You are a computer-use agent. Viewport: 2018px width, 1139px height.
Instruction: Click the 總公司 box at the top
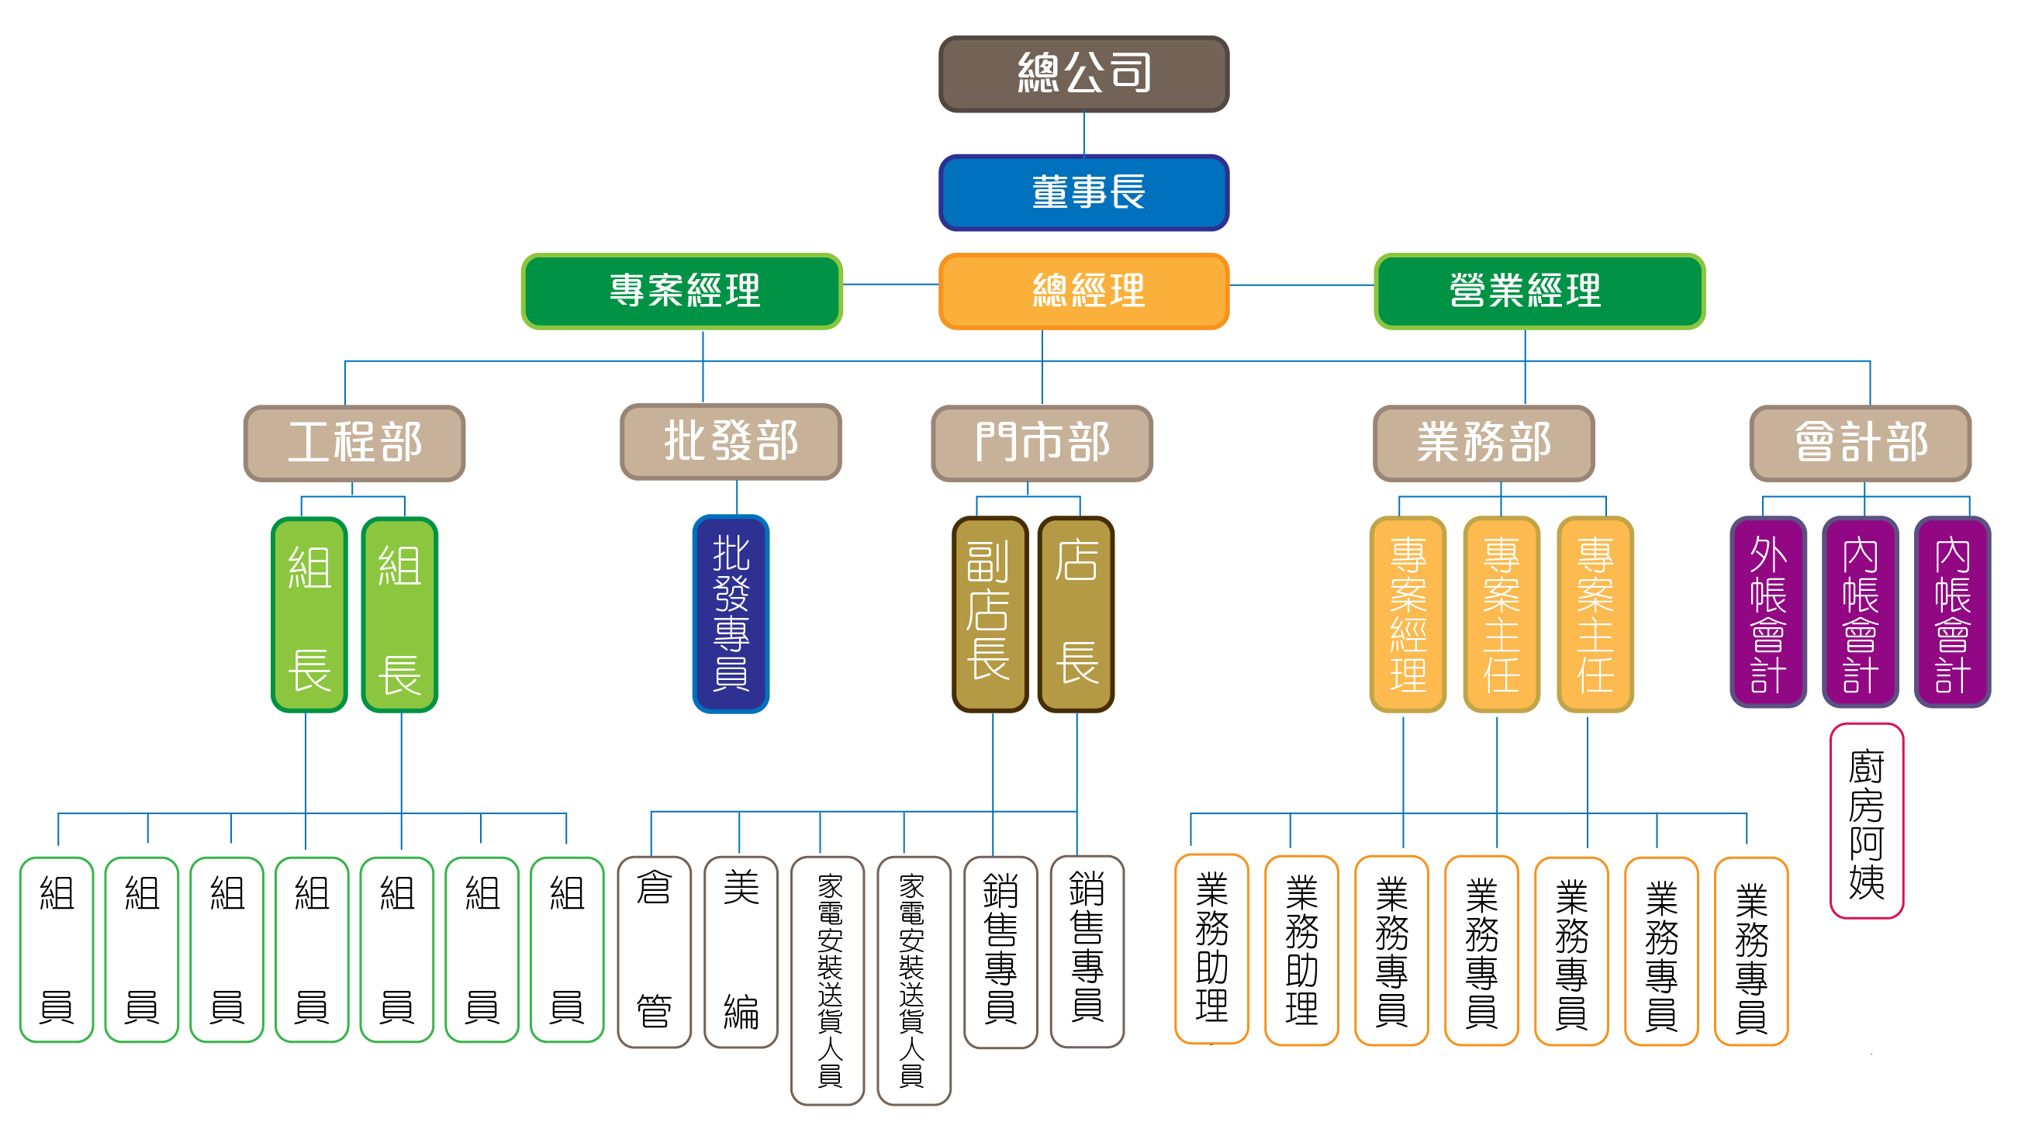(1083, 74)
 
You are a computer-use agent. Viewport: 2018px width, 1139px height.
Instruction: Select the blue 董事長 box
(1083, 193)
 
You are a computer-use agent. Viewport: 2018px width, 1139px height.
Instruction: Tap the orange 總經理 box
(1083, 292)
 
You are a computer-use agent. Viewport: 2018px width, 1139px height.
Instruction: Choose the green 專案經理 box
(682, 292)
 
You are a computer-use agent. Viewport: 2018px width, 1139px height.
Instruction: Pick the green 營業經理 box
(1539, 292)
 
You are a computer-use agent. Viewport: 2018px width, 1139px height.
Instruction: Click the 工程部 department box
(354, 443)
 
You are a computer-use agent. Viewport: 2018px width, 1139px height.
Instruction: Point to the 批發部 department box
(730, 442)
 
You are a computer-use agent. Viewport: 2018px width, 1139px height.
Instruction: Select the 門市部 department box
(1041, 443)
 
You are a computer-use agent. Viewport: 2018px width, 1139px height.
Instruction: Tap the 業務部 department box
(1483, 443)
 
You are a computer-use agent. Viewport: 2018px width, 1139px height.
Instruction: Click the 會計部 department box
(1860, 443)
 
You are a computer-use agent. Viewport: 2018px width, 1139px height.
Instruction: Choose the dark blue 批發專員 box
(730, 613)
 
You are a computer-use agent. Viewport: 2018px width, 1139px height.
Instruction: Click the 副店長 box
(990, 613)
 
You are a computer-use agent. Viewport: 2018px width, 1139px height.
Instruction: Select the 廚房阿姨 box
(1866, 820)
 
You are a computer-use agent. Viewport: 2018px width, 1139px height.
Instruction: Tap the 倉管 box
(653, 951)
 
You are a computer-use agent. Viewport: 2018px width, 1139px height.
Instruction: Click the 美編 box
(741, 951)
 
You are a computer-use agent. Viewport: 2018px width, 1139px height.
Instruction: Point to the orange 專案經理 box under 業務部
(1407, 613)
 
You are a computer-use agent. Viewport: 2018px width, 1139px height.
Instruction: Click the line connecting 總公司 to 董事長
(1083, 133)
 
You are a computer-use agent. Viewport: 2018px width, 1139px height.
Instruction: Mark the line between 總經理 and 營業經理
(1301, 285)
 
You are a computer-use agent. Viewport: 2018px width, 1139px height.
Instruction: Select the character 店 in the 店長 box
(1076, 561)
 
